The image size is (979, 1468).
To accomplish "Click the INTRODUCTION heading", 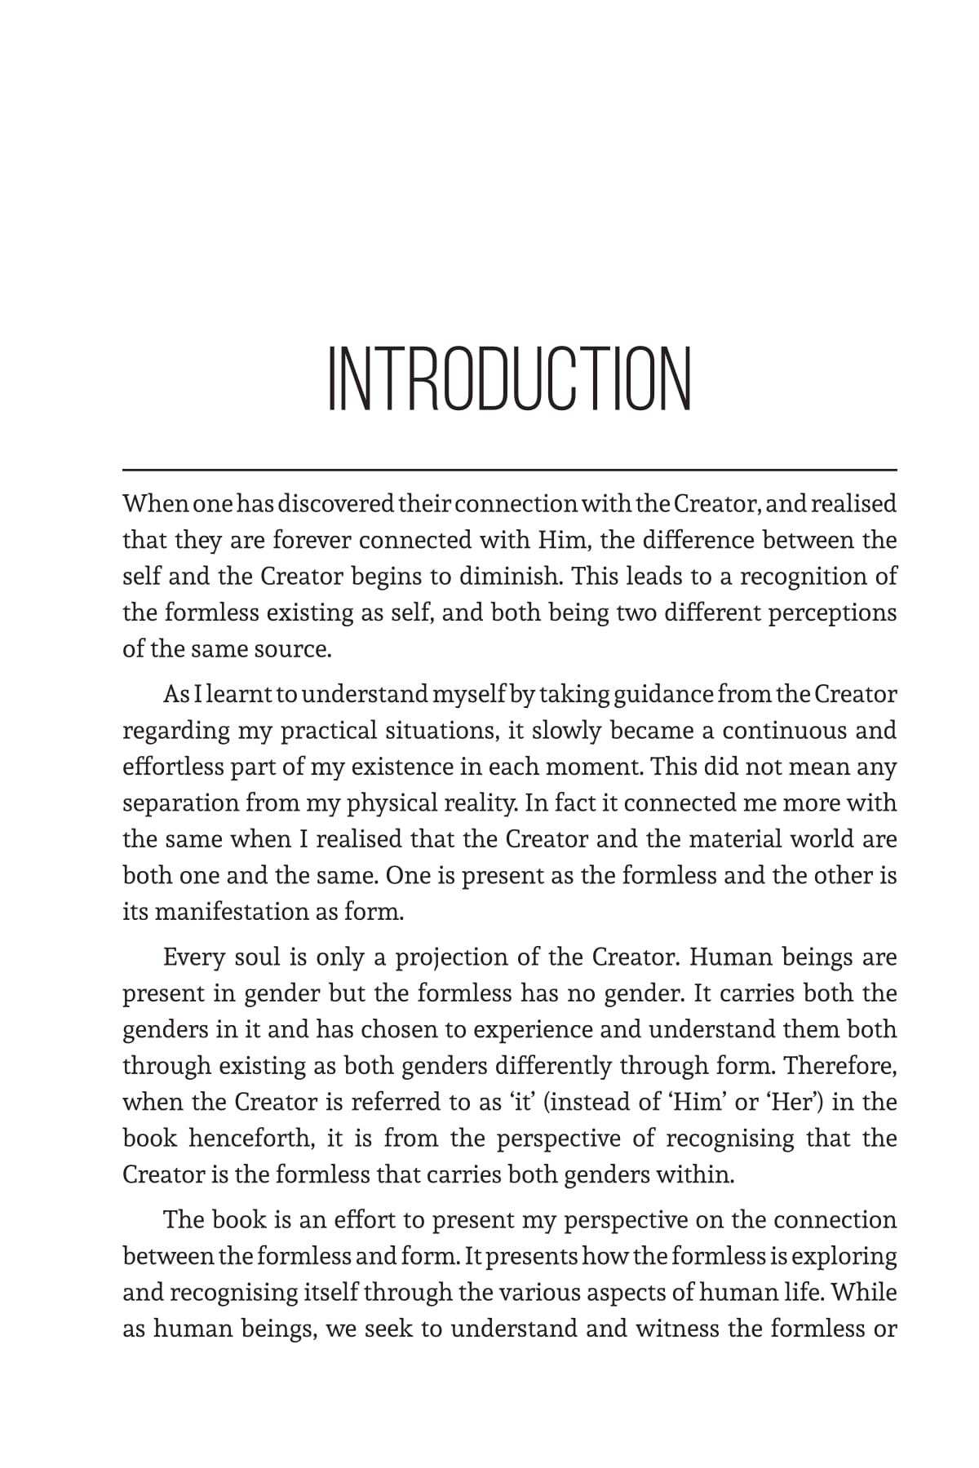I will tap(509, 379).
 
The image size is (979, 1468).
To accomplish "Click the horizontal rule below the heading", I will tap(509, 470).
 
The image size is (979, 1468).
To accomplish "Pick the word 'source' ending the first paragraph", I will tap(293, 648).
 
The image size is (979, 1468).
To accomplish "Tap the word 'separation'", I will tap(180, 803).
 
